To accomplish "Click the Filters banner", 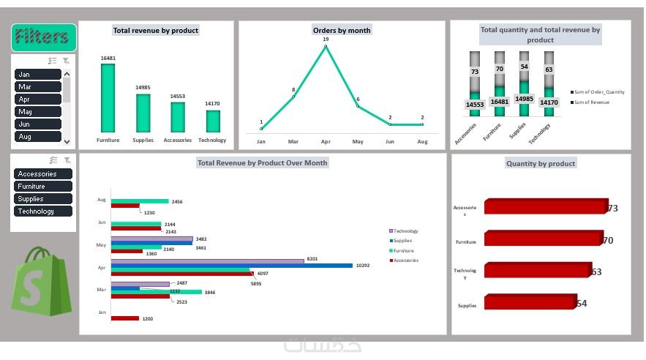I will tap(44, 37).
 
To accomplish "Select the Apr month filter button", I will tap(38, 100).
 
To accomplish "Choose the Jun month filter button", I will tap(38, 124).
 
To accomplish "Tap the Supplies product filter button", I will tap(43, 199).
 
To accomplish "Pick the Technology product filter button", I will tap(43, 211).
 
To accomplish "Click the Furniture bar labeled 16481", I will tap(108, 98).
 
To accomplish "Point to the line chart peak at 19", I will tap(325, 47).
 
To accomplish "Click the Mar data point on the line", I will tap(293, 97).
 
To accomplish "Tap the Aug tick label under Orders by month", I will tap(422, 140).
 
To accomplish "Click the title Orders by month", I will tap(342, 30).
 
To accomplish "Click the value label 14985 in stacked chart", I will tap(524, 99).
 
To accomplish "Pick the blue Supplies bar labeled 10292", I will tap(230, 266).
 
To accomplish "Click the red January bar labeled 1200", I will tap(124, 318).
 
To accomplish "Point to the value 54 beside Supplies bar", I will tap(582, 304).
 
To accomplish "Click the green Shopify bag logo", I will tap(40, 281).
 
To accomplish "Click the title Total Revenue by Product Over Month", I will tap(262, 162).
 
